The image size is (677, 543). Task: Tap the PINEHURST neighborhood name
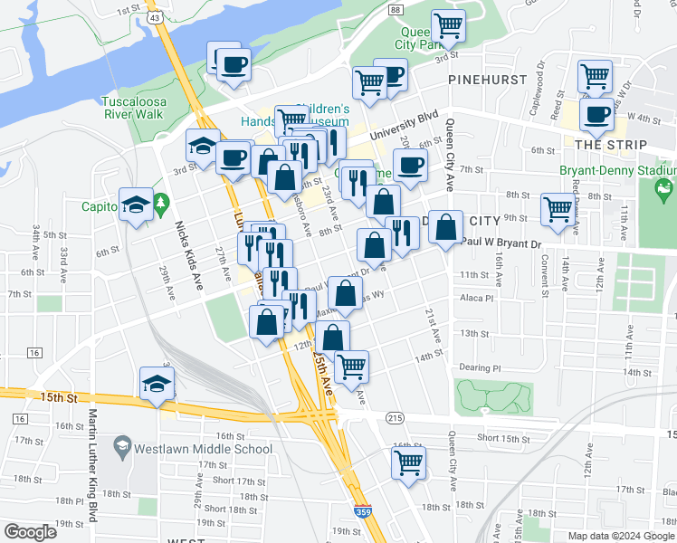(488, 80)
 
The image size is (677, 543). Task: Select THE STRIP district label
(611, 145)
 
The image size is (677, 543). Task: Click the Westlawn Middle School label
(203, 449)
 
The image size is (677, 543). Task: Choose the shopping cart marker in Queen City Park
(448, 26)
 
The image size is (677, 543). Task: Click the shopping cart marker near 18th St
(408, 462)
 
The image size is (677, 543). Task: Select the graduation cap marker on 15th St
(157, 384)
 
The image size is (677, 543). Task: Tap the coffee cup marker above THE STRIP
(596, 115)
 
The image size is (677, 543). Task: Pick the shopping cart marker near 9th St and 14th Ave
(557, 210)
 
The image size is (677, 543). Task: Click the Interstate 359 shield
(361, 510)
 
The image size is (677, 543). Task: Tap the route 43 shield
(157, 18)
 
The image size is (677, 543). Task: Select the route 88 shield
(396, 8)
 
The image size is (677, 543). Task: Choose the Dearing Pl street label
(479, 368)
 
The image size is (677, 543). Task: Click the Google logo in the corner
(30, 532)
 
